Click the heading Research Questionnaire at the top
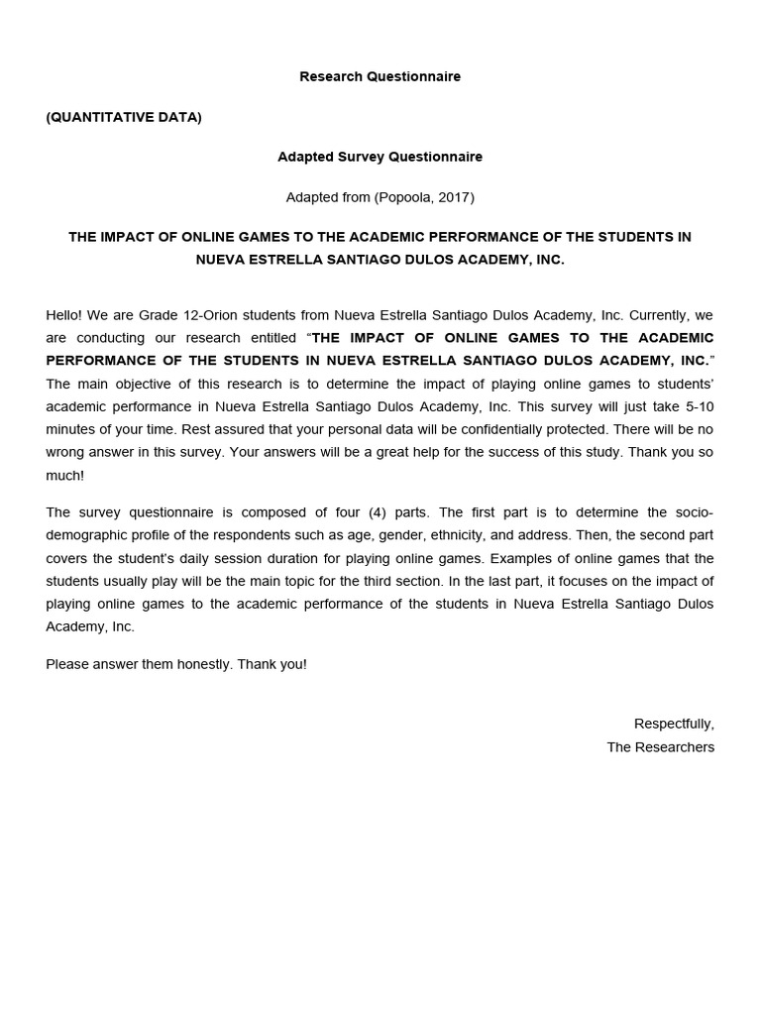pos(380,76)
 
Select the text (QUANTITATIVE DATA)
pos(124,117)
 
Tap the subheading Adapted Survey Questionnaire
pos(380,157)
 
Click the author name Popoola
pos(404,197)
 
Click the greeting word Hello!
pos(64,315)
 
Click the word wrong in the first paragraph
pos(66,452)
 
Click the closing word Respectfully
pos(674,724)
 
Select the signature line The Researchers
pos(660,746)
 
